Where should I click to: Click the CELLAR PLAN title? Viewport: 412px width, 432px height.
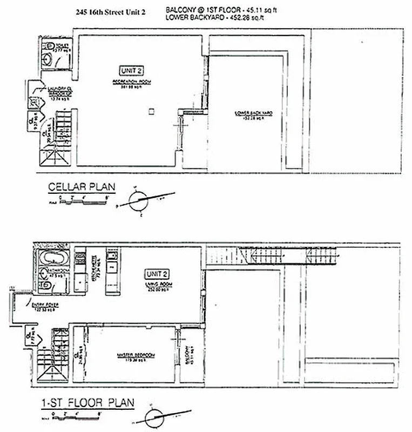[82, 187]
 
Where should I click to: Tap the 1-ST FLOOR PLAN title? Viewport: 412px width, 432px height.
[87, 403]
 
